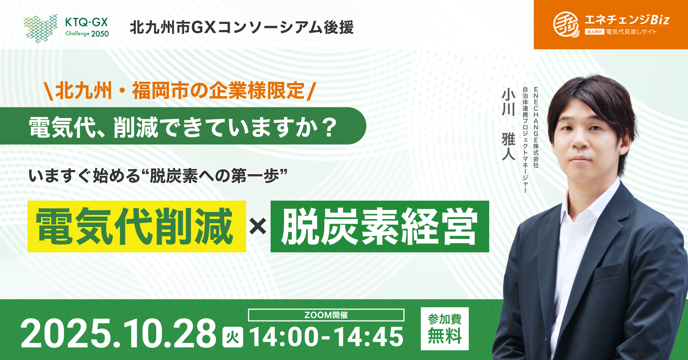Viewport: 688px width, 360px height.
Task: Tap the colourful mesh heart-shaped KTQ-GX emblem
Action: (x=41, y=28)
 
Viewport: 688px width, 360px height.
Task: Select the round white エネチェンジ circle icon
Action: (x=566, y=24)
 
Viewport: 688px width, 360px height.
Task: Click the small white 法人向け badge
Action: (x=594, y=32)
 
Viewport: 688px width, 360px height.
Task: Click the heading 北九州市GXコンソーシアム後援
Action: (x=242, y=28)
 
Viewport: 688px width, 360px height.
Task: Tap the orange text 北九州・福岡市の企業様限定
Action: (x=180, y=91)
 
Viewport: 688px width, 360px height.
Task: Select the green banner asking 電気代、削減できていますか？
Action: (x=183, y=126)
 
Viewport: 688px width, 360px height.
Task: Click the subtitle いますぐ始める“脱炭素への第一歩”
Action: (x=157, y=176)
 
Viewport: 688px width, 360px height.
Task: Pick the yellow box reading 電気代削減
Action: (x=136, y=226)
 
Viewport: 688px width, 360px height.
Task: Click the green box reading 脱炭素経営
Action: (x=380, y=226)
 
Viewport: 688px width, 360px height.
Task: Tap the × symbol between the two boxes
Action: (x=258, y=226)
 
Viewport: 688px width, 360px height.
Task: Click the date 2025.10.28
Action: (x=119, y=333)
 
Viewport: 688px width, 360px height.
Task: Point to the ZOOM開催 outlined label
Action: (x=326, y=315)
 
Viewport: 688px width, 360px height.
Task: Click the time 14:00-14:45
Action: (x=326, y=337)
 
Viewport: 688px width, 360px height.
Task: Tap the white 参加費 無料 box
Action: (x=445, y=329)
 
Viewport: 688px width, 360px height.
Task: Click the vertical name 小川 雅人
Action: (x=508, y=124)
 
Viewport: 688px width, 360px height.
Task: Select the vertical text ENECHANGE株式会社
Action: (x=536, y=128)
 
